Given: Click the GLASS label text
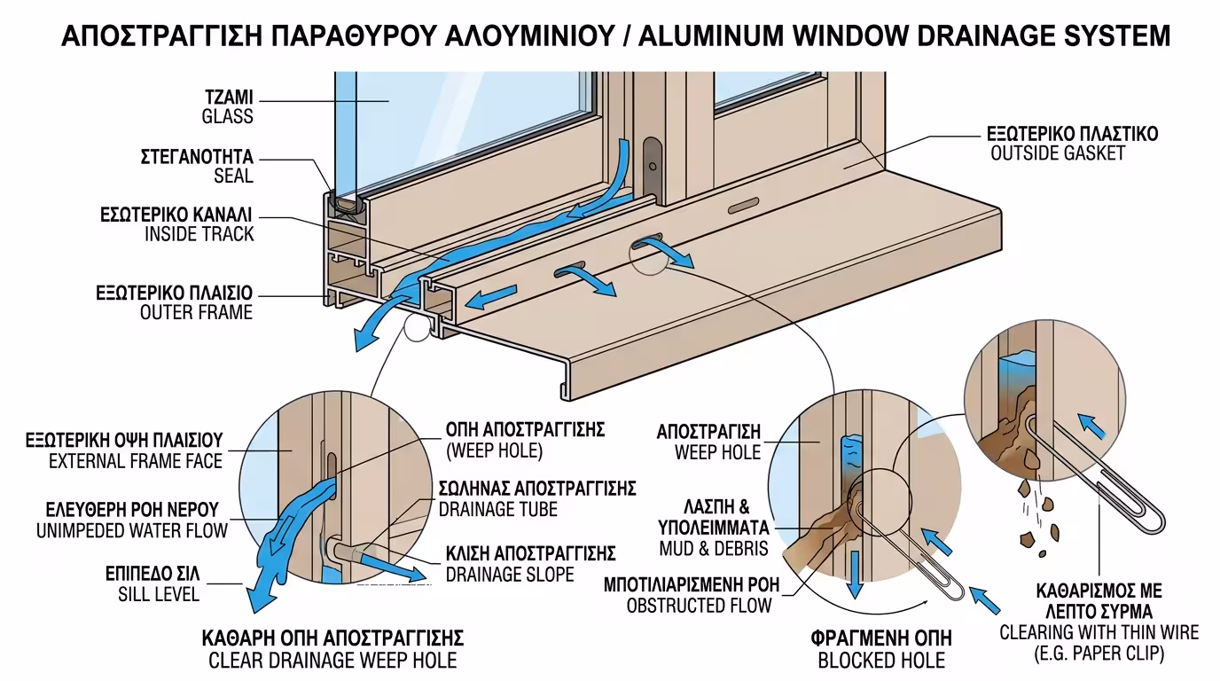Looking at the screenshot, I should tap(227, 116).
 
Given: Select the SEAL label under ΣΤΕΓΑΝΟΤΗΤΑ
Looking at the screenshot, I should tap(233, 176).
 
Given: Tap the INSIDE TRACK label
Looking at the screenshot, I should tap(199, 234).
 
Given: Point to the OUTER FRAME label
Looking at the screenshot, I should tap(196, 311).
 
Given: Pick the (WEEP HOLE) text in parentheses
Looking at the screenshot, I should tap(493, 450).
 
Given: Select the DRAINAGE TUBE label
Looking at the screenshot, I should tap(498, 509).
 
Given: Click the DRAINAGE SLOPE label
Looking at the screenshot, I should tap(510, 575).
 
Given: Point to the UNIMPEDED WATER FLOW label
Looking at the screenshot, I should tap(131, 530).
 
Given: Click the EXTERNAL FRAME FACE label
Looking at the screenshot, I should tap(136, 460).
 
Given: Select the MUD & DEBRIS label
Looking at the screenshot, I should tap(714, 548).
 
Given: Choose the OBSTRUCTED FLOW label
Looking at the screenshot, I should tap(699, 606).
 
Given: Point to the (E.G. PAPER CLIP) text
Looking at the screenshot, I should tap(1099, 654).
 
